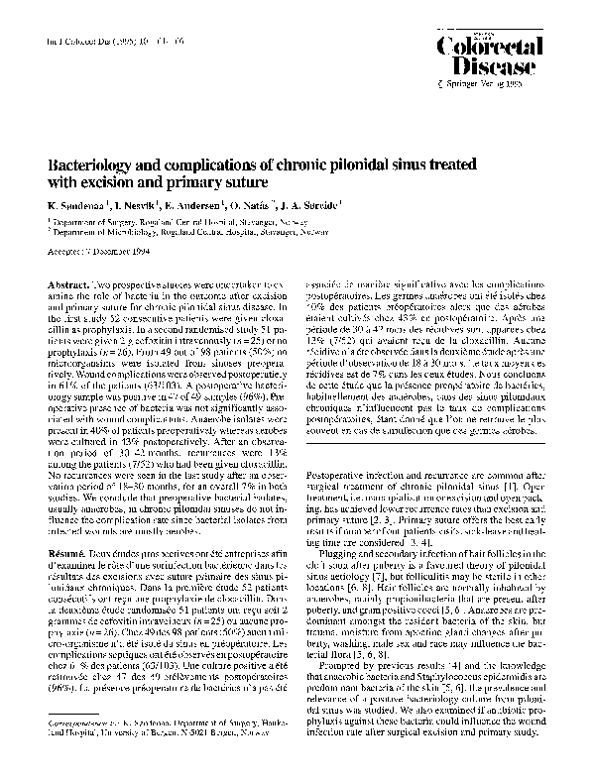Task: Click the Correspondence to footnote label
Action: pos(86,739)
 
